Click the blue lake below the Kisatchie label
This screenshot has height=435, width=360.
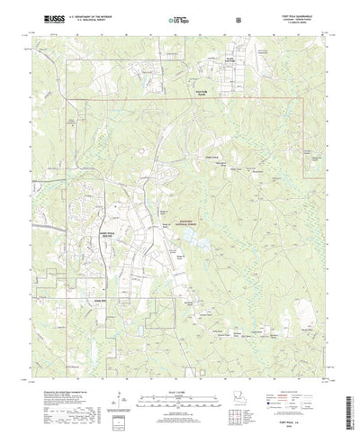(x=189, y=239)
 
